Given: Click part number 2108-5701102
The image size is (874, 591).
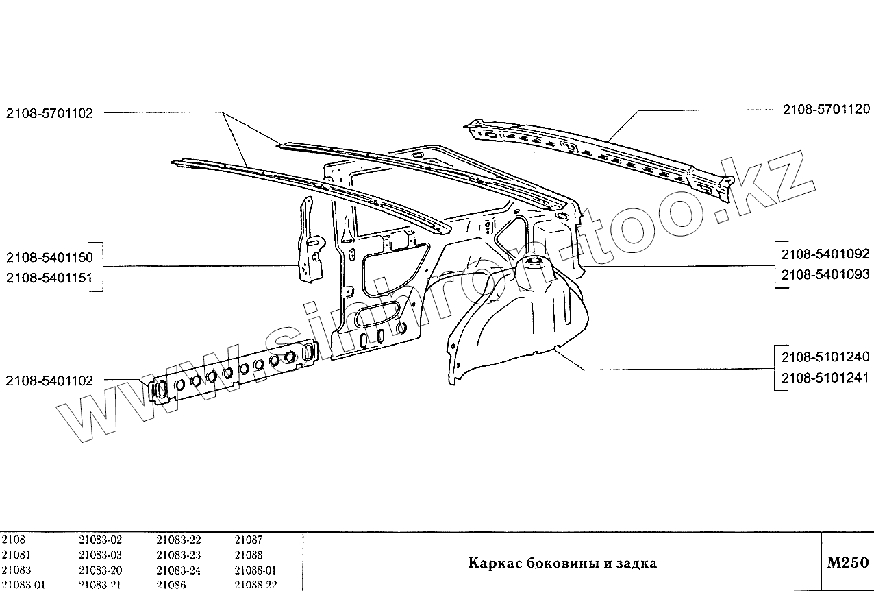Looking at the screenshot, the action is pyautogui.click(x=49, y=113).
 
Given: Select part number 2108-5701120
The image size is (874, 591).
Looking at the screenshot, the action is pyautogui.click(x=826, y=109).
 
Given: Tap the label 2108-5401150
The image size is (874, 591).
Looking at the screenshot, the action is pyautogui.click(x=49, y=258).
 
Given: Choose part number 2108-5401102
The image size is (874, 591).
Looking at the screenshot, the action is pyautogui.click(x=49, y=381).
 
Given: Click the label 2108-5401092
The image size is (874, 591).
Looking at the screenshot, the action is pyautogui.click(x=825, y=255).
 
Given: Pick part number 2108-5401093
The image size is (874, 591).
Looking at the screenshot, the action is pyautogui.click(x=825, y=274).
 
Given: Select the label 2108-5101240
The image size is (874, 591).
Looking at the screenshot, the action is pyautogui.click(x=825, y=357).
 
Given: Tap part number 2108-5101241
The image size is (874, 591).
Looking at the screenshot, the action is pyautogui.click(x=825, y=377).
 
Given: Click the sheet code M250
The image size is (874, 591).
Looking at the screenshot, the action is pyautogui.click(x=847, y=563).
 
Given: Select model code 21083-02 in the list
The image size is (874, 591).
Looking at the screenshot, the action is pyautogui.click(x=100, y=540).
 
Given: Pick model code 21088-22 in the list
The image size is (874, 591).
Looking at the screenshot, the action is pyautogui.click(x=255, y=584).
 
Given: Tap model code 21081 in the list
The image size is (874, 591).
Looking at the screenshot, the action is pyautogui.click(x=15, y=555).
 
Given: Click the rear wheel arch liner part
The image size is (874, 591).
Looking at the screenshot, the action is pyautogui.click(x=521, y=315).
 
